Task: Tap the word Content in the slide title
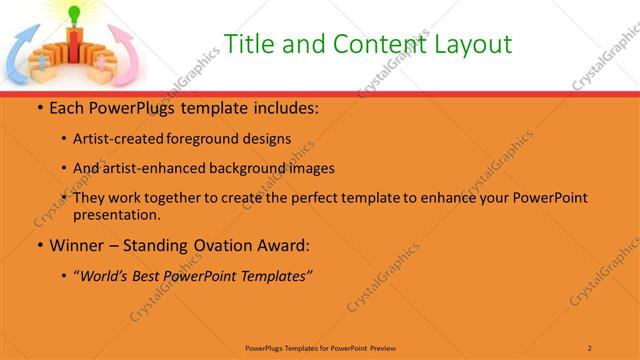click(363, 44)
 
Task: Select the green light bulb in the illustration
click(73, 13)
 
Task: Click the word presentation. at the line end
click(116, 214)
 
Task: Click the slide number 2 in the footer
click(590, 347)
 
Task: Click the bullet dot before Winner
click(40, 245)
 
